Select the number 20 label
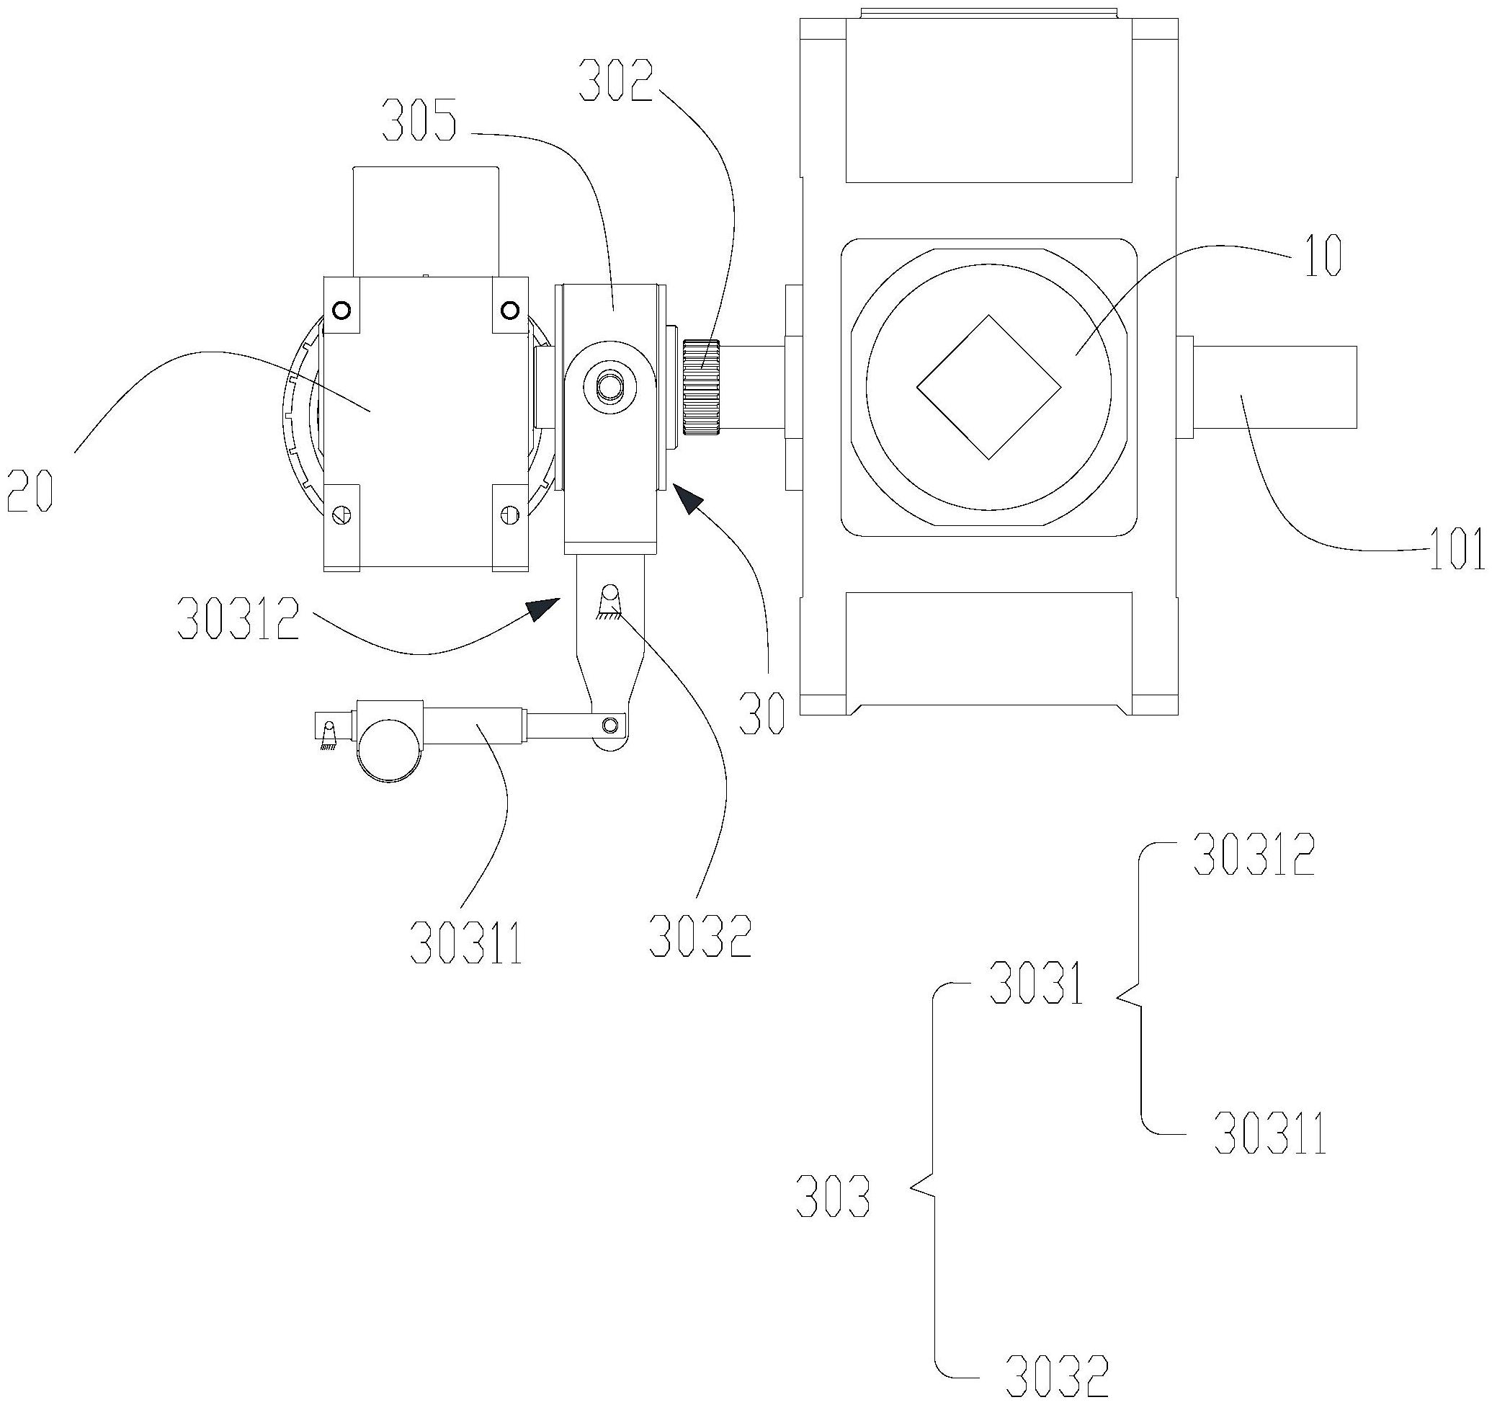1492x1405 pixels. point(32,488)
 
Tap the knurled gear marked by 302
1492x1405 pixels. point(702,386)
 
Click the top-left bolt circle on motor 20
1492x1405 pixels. point(341,309)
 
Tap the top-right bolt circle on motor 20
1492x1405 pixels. point(510,309)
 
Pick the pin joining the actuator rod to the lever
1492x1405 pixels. point(611,724)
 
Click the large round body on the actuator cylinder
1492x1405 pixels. point(389,751)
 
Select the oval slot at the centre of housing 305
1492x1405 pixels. point(609,388)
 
